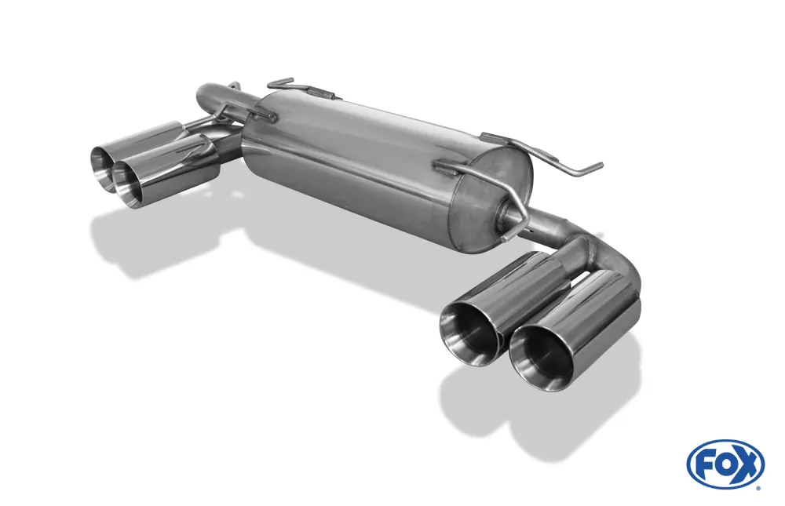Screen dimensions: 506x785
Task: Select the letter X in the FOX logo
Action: pos(747,464)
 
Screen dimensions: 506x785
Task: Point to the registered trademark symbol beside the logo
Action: pos(758,488)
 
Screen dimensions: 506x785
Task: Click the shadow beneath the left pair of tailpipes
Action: pos(141,243)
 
